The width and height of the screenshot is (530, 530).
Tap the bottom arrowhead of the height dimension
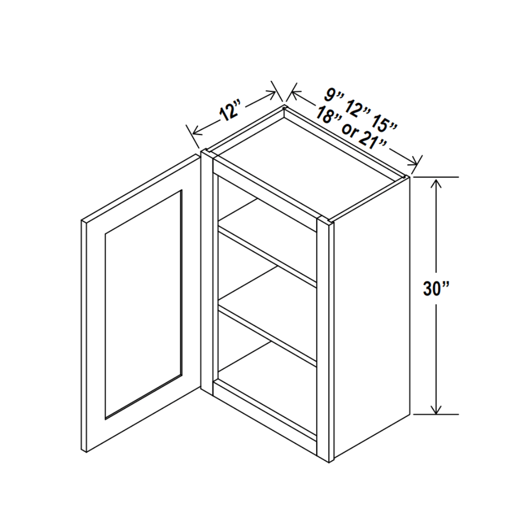[x=437, y=408]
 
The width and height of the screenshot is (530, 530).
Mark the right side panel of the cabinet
[x=371, y=318]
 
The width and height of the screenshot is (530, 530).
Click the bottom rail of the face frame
[x=265, y=411]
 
